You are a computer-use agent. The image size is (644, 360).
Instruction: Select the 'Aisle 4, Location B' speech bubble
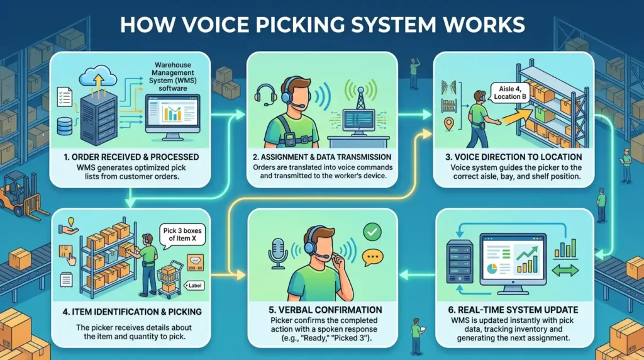coord(509,93)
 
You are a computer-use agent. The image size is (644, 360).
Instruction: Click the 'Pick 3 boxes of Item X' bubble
coord(182,235)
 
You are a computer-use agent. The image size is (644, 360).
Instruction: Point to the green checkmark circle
coord(372,232)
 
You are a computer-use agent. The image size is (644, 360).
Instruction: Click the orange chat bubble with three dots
coord(372,258)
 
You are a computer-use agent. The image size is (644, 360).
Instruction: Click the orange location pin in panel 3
coord(449,124)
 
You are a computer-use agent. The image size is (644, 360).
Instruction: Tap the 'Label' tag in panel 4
coord(194,286)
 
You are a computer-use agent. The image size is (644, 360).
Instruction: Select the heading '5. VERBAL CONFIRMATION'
coord(325,310)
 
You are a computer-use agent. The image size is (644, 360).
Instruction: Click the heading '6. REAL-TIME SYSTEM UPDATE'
coord(513,310)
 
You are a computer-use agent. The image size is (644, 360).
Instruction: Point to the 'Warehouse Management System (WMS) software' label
coord(173,76)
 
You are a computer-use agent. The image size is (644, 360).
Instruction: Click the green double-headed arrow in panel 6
coord(565,271)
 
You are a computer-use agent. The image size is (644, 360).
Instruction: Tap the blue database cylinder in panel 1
coord(65,126)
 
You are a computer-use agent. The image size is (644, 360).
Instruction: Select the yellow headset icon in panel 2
coord(265,95)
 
